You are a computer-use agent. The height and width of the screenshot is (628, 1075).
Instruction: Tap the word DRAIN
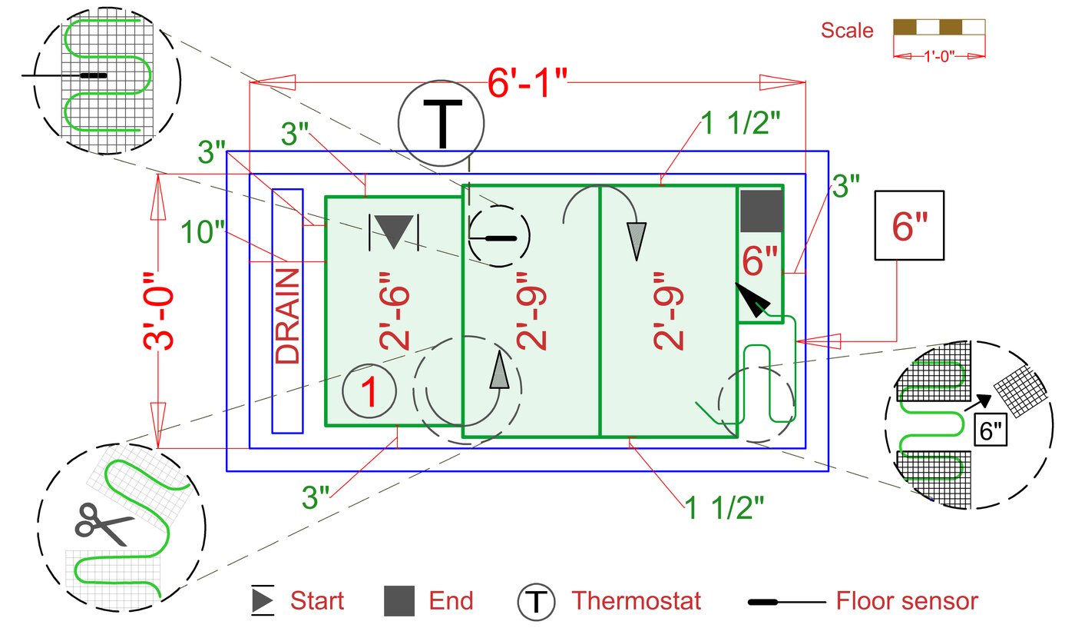tap(288, 316)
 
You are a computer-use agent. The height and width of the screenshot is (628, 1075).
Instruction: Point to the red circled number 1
tap(369, 392)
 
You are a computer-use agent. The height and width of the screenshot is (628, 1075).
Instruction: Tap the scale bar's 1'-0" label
tap(939, 56)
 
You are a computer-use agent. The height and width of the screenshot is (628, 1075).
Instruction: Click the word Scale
tap(847, 31)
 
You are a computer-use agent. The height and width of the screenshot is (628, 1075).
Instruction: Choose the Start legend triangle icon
tap(263, 600)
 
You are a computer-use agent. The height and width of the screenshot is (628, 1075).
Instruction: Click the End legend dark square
tap(399, 600)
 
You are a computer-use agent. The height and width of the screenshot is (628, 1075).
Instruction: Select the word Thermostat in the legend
tap(636, 600)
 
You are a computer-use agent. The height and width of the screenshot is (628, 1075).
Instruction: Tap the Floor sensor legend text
tap(907, 600)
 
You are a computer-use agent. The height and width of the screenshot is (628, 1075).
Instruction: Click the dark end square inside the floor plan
tap(761, 211)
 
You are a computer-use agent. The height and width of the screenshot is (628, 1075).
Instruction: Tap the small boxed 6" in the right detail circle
tap(990, 430)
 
